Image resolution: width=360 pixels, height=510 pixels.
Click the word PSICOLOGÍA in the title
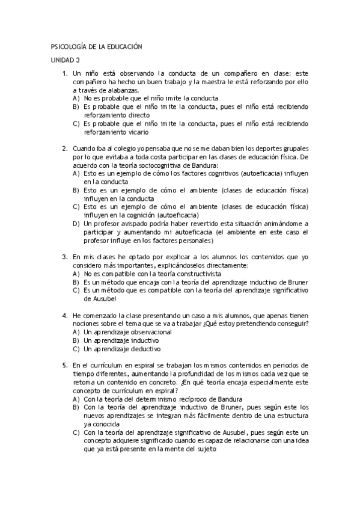click(x=69, y=46)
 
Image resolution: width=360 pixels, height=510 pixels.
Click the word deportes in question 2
click(x=262, y=148)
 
